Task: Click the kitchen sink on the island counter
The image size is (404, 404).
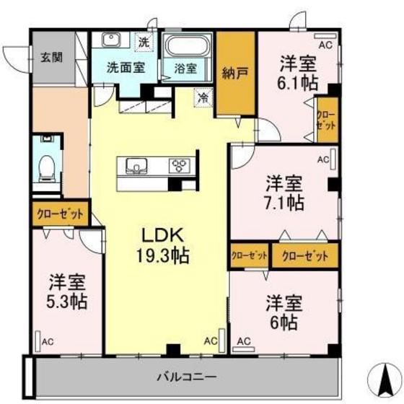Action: click(135, 167)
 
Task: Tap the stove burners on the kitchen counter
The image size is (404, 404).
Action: click(178, 167)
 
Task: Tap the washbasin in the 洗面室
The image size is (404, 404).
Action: click(111, 40)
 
